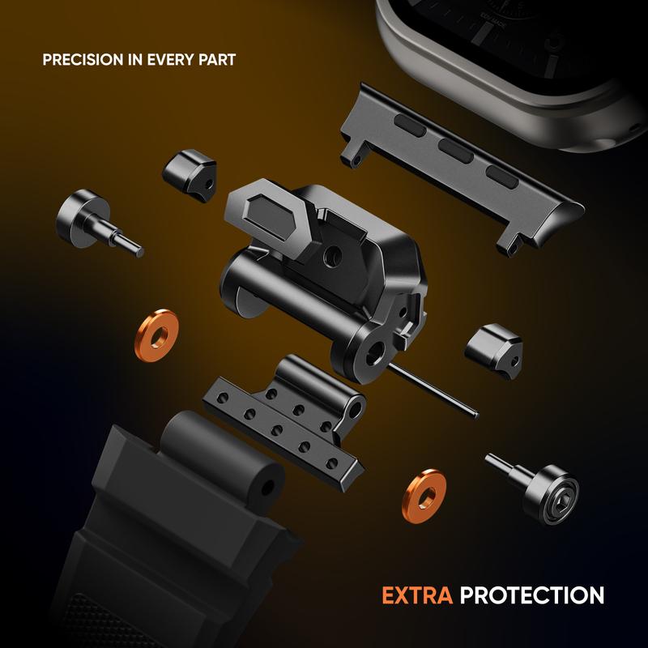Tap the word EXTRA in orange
click(417, 595)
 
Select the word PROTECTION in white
click(532, 595)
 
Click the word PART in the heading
click(217, 60)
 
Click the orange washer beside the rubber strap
click(156, 335)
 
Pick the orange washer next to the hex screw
click(424, 496)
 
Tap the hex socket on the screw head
click(565, 492)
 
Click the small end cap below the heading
click(190, 175)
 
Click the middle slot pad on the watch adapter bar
click(456, 151)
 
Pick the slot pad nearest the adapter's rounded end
click(502, 177)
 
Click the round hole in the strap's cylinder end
click(267, 488)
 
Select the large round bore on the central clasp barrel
click(375, 352)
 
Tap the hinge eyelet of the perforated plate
click(356, 409)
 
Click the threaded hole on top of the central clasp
click(333, 256)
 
